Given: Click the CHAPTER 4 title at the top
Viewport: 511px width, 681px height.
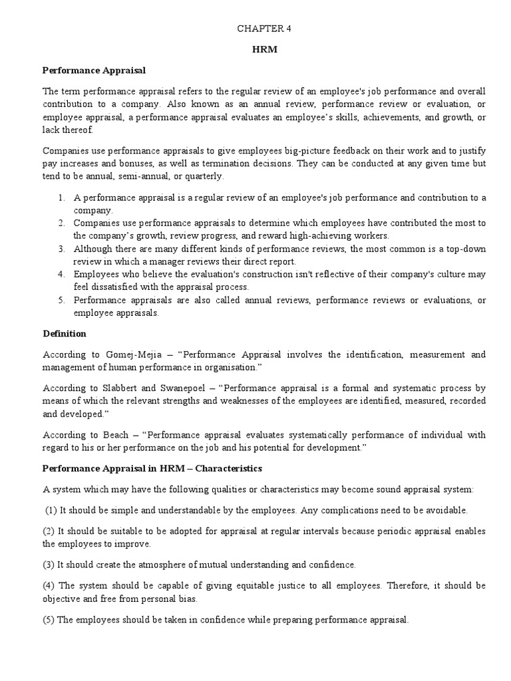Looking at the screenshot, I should click(264, 29).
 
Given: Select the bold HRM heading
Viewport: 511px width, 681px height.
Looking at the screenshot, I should click(264, 49).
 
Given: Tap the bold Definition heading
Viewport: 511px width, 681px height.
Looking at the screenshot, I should click(65, 333).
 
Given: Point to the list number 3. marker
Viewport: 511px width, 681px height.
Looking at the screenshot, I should click(61, 249).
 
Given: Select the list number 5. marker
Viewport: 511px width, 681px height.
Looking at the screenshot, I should click(61, 301).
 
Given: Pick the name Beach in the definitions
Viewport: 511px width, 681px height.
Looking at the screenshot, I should click(111, 435).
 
